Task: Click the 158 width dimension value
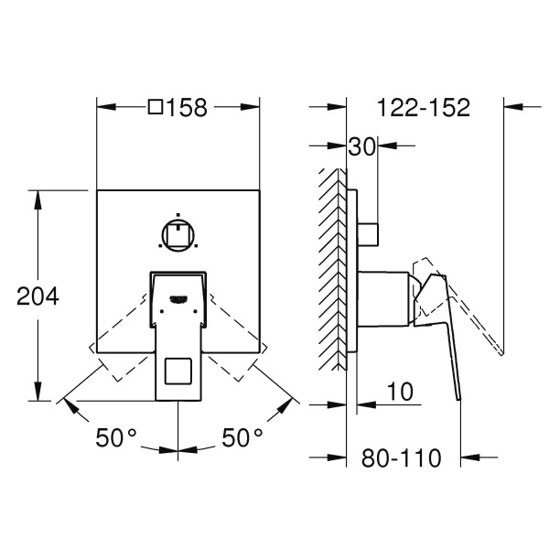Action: point(188,108)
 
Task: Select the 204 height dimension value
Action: point(39,296)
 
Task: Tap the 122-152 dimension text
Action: point(424,108)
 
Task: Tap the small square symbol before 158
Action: point(156,108)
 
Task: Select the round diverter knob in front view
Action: point(178,235)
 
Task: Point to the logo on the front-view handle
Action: point(178,296)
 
